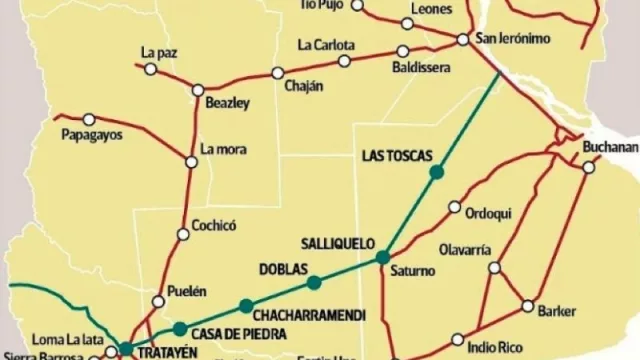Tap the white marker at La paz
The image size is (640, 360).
pos(151,69)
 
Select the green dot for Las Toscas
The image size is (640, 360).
pos(435,173)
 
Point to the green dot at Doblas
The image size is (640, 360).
pos(314,281)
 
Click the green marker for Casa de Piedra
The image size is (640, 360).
pos(178,328)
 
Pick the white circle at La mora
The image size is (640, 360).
pos(191,161)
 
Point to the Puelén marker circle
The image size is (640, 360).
pos(158,301)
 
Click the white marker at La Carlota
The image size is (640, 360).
pos(344,61)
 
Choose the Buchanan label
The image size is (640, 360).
pos(611,147)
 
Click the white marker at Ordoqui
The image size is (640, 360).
pos(455,208)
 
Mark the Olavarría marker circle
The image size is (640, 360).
pos(494,267)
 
